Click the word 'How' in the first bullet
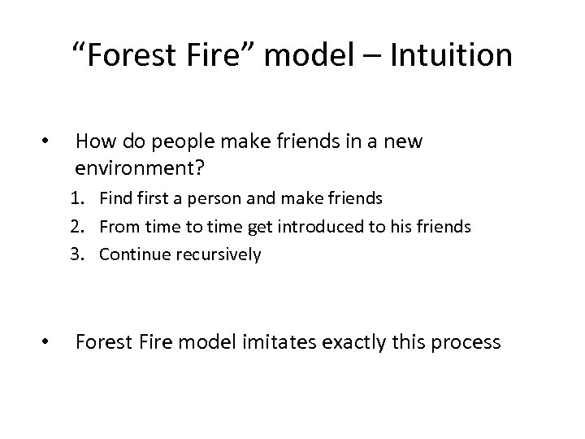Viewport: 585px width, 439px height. [93, 141]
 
